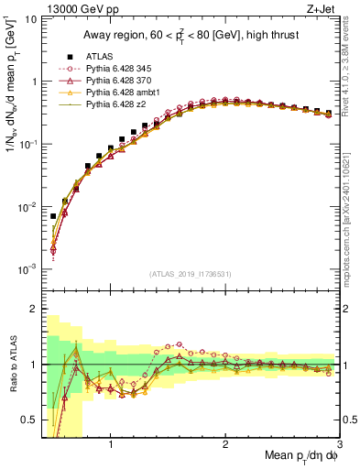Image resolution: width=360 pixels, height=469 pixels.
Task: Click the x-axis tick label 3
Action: coord(339,445)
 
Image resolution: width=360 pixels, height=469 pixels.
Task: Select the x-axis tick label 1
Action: coord(111,445)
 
